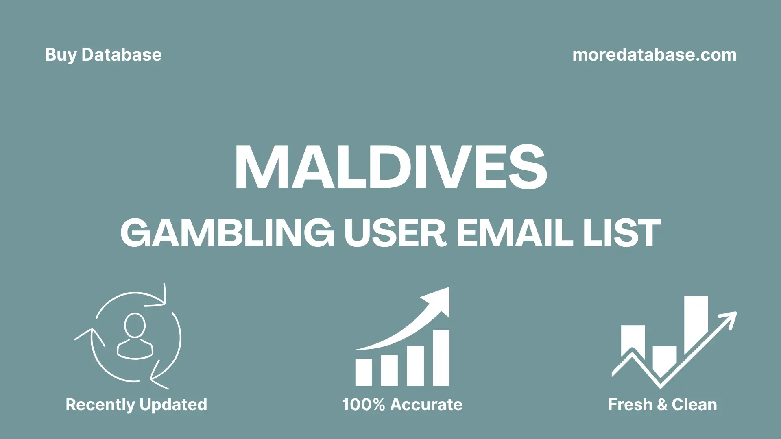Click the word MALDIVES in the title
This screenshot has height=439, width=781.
(390, 167)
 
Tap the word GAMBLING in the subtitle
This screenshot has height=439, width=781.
(227, 233)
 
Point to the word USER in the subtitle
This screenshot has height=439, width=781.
(395, 233)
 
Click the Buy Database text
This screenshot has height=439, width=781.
(103, 55)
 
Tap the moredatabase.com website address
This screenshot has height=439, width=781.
(654, 55)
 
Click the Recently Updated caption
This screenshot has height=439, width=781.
(136, 404)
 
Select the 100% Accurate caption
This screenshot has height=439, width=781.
(402, 404)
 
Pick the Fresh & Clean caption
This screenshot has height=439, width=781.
(662, 404)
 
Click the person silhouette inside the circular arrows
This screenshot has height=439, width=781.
(135, 337)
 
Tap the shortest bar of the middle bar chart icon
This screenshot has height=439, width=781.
(363, 372)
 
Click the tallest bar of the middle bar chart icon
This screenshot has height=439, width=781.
(441, 358)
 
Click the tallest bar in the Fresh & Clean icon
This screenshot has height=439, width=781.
(696, 321)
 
